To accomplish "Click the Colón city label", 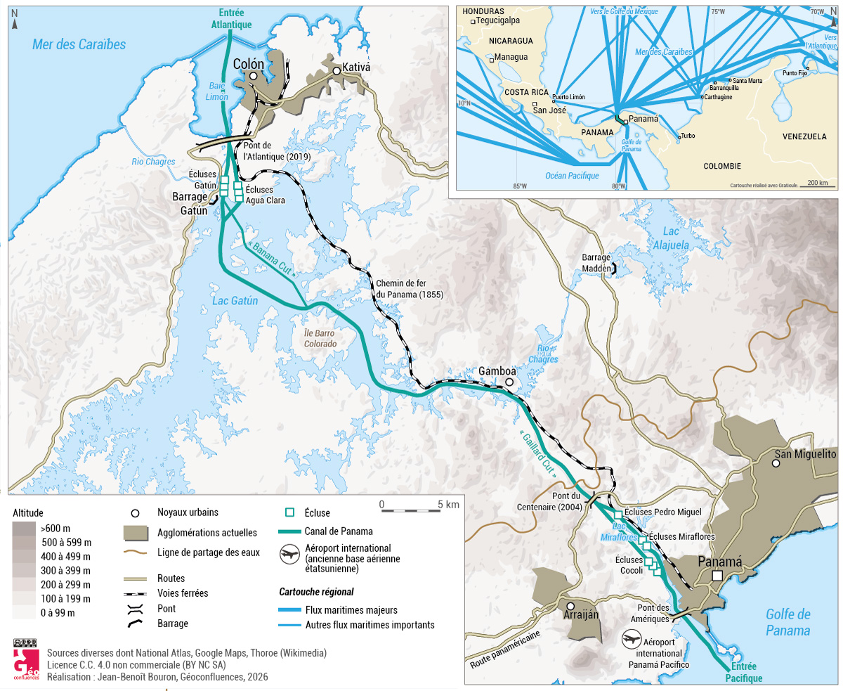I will click(x=249, y=64).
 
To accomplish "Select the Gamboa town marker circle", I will click(x=509, y=382).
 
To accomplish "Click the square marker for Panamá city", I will click(x=717, y=576).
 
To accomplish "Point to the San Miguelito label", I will click(x=805, y=455).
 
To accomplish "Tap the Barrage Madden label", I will click(x=596, y=262).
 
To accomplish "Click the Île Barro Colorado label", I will click(x=320, y=339).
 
